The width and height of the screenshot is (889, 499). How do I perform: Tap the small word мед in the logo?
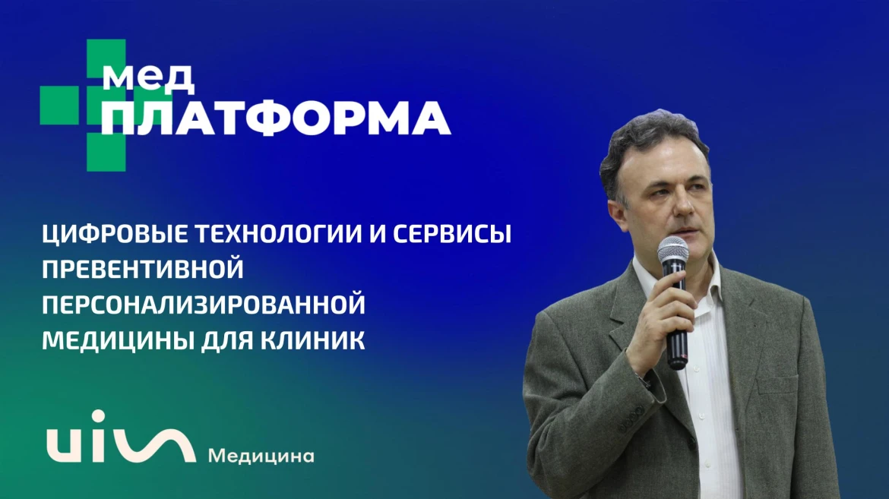[x=148, y=78]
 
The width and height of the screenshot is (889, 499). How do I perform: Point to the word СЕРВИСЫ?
[x=452, y=233]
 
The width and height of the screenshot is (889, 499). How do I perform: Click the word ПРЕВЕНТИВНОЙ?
[x=143, y=269]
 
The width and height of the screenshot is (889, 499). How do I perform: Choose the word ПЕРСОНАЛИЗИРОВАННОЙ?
[x=204, y=305]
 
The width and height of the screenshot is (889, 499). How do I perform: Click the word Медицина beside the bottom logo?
[x=261, y=456]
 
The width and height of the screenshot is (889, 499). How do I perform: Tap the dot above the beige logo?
[x=99, y=416]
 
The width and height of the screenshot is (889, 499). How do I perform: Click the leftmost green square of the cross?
[x=59, y=105]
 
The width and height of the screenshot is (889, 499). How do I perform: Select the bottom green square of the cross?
[x=106, y=151]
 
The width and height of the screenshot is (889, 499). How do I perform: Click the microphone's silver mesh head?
[x=673, y=249]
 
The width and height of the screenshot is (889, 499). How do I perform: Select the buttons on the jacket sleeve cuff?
[x=630, y=419]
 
